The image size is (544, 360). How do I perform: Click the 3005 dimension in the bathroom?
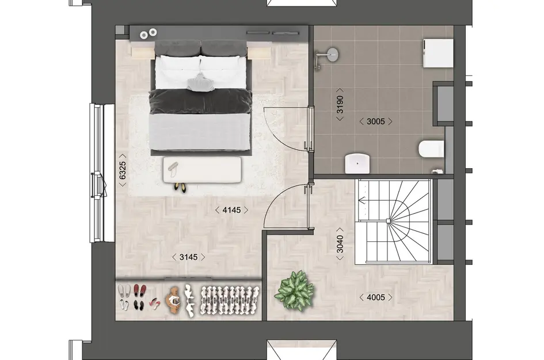(x=375, y=121)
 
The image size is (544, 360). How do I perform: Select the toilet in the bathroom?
(x=431, y=150)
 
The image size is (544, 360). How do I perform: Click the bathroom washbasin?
(x=357, y=164)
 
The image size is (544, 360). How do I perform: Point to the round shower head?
(x=331, y=55)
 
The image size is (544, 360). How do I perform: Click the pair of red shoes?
(x=138, y=290)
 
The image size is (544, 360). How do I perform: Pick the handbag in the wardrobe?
(x=174, y=300)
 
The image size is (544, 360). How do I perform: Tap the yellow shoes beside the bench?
(x=181, y=187)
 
